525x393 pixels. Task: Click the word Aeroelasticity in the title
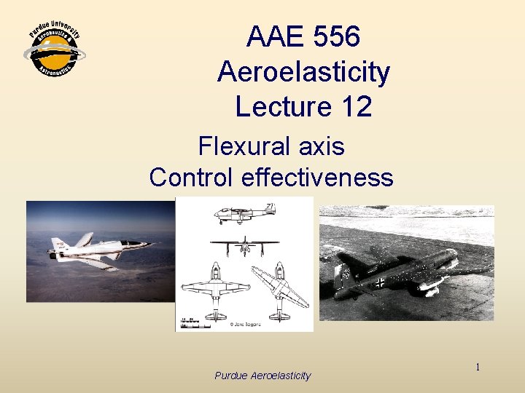303,72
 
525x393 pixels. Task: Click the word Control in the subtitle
192,177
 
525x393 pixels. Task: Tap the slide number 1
478,368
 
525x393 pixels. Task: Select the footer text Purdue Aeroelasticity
262,376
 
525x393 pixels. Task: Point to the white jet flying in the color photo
98,247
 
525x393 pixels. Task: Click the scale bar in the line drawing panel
191,323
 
